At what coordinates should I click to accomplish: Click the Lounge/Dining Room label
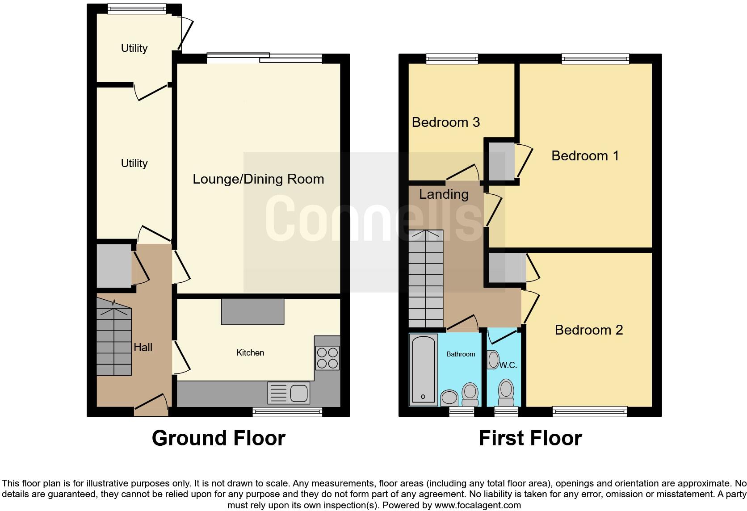[258, 179]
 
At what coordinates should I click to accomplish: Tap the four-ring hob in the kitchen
[327, 358]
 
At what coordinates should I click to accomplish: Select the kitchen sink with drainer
[289, 393]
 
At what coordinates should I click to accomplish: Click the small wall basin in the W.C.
[493, 360]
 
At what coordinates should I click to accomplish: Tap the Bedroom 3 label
[445, 122]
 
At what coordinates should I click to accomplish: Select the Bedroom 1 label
[585, 155]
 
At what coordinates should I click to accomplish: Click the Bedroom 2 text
[588, 330]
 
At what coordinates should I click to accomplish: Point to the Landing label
[444, 194]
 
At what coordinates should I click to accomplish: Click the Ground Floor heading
[218, 438]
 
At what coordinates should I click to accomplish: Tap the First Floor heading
[530, 438]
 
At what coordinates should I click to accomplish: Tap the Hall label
[143, 347]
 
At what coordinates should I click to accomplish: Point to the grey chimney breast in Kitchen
[252, 311]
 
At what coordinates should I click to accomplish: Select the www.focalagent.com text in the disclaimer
[477, 506]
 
